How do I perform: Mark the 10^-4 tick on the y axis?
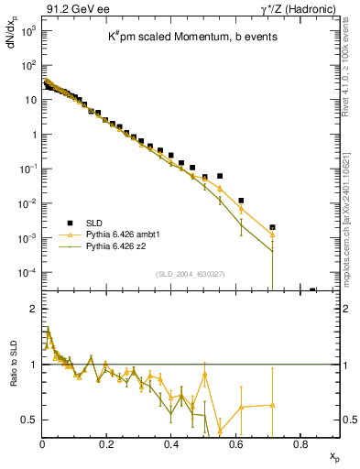coord(26,272)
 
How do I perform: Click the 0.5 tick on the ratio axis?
coord(29,420)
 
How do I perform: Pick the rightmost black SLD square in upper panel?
coord(312,290)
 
